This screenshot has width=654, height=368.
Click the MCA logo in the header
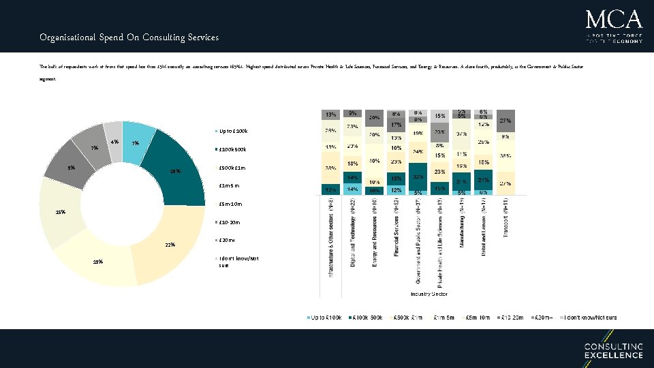click(613, 26)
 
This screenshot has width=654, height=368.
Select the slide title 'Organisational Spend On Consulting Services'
click(129, 37)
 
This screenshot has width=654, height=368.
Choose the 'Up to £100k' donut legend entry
click(232, 131)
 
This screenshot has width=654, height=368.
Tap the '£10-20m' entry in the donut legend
click(229, 222)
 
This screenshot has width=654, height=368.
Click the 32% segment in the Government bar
click(418, 176)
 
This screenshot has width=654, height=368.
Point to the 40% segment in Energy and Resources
click(374, 162)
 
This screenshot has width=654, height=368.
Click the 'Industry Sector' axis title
click(428, 294)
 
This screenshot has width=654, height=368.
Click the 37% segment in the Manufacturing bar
click(462, 134)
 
